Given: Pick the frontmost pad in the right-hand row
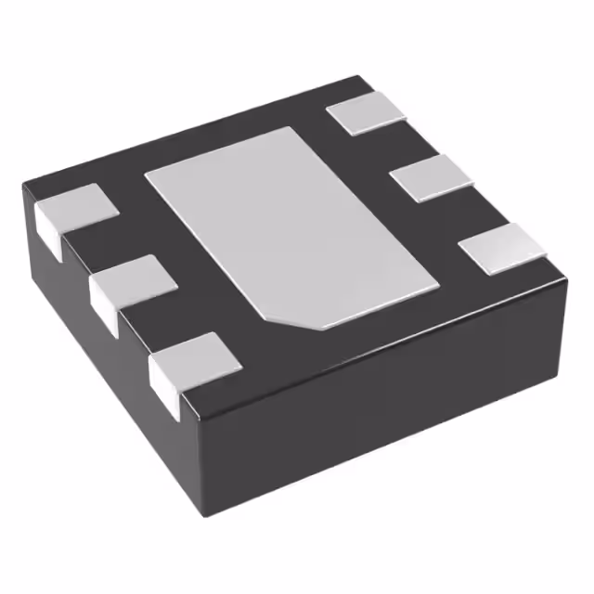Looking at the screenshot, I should click(x=502, y=249).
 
